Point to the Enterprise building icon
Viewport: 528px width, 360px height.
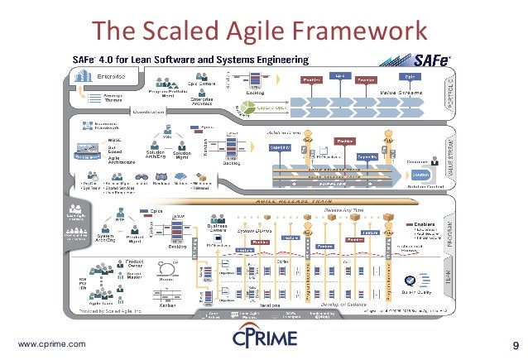click(x=86, y=75)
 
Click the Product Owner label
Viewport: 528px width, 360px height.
click(x=136, y=266)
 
